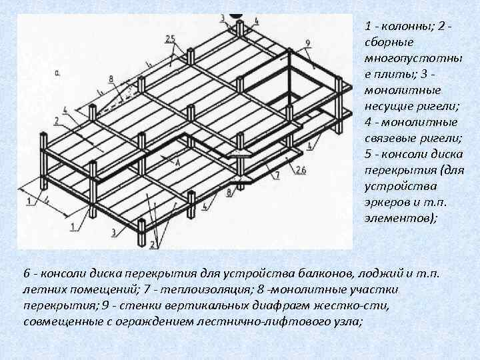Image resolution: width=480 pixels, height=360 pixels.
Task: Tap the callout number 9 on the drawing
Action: (307, 43)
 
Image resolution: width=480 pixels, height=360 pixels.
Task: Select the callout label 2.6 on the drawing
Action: (300, 170)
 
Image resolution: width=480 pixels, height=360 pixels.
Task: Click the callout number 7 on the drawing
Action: (277, 175)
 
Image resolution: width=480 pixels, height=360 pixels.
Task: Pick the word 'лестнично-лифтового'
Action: (257, 321)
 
